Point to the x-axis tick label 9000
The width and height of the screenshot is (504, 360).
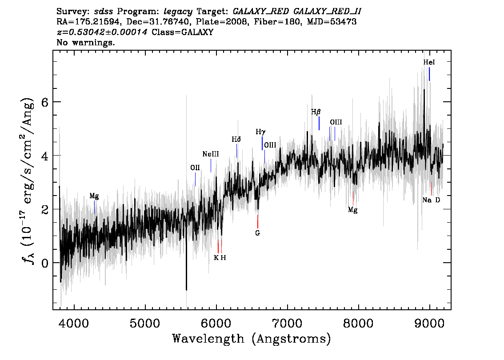(x=429, y=324)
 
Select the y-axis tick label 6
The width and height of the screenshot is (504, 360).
(x=45, y=102)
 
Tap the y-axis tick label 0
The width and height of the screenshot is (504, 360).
(x=45, y=263)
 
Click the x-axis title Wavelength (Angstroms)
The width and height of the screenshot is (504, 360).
(x=252, y=339)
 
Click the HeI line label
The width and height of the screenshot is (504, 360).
(x=429, y=62)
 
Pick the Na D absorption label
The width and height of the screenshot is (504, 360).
(x=431, y=200)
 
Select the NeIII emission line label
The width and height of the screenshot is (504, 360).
(x=211, y=154)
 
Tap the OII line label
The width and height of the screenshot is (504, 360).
(x=195, y=168)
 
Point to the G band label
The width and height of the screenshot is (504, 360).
(x=257, y=233)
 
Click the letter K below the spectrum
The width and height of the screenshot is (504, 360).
(x=216, y=258)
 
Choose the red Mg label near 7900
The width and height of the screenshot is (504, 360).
(x=352, y=210)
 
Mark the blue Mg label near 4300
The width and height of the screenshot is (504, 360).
(x=94, y=196)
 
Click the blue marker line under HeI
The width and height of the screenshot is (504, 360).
(x=429, y=74)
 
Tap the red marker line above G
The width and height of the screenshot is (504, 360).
(x=257, y=221)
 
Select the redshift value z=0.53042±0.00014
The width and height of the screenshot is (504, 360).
(x=102, y=32)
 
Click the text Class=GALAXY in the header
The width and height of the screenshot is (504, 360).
(x=183, y=32)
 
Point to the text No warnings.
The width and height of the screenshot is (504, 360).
(x=85, y=42)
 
